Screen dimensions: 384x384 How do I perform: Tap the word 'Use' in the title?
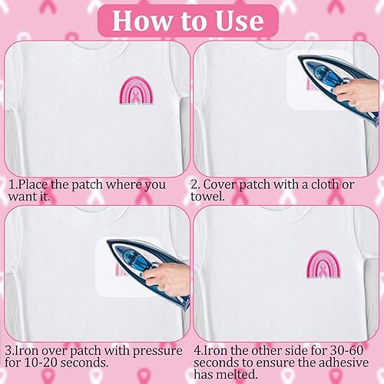point(240,21)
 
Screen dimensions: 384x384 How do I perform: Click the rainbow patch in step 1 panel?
point(137,91)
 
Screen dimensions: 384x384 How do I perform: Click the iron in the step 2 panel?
point(338,87)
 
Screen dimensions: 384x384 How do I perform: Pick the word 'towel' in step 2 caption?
point(207,197)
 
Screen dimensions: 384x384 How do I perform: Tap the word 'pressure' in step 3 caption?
point(157,351)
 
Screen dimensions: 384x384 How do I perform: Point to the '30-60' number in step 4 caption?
point(347,350)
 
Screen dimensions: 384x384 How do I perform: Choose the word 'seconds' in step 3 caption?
point(84,362)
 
